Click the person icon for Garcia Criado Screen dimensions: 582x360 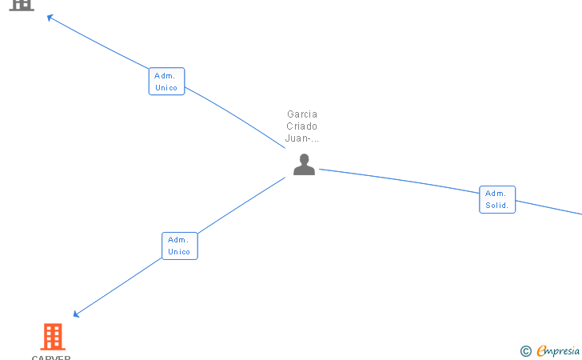304,164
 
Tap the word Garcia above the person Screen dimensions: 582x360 302,114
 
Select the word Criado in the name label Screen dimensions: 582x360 302,126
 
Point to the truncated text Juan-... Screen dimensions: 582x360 302,138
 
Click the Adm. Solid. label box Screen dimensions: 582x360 497,199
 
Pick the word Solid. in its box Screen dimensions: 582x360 497,206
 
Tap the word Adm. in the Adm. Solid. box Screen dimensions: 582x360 496,193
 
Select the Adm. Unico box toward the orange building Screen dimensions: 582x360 179,246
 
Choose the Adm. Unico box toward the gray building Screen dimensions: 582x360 166,82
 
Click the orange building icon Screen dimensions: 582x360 52,337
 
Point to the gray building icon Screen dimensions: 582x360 22,4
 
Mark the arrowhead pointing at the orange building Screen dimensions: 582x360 76,314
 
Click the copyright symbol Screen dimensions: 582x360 525,351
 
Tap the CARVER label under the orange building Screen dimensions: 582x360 51,357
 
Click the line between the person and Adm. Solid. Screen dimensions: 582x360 400,181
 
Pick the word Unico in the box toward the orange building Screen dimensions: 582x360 179,252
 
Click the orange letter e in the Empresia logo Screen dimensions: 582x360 541,351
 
